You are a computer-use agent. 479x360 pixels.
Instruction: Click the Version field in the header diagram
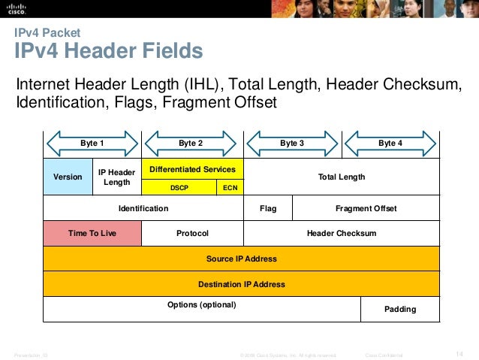[x=68, y=177]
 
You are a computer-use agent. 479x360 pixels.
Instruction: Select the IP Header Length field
[x=116, y=177]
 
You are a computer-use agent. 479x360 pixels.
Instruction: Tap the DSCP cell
[x=179, y=187]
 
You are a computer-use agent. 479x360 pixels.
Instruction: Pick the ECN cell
[x=230, y=187]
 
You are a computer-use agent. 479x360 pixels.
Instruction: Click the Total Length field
[x=342, y=177]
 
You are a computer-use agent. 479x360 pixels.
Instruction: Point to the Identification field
[x=143, y=208]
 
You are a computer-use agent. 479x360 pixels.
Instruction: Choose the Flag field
[x=267, y=208]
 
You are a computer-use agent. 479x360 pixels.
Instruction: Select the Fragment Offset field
[x=366, y=208]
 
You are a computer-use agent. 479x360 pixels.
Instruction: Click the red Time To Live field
[x=92, y=233]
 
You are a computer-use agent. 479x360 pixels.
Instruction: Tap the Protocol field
[x=192, y=233]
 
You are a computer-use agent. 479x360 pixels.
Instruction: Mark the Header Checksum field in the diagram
[x=342, y=233]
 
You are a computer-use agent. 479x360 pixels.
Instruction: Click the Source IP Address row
[x=241, y=259]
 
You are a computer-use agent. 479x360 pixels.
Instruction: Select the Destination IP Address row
[x=241, y=284]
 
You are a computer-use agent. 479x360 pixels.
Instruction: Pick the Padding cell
[x=400, y=309]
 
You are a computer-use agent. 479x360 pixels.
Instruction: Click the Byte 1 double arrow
[x=92, y=143]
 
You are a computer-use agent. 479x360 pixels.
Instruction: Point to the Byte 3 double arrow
[x=292, y=143]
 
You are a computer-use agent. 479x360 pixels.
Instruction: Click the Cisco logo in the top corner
[x=18, y=9]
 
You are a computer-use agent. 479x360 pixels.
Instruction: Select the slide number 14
[x=461, y=354]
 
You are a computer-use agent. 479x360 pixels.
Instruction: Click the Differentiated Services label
[x=193, y=169]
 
